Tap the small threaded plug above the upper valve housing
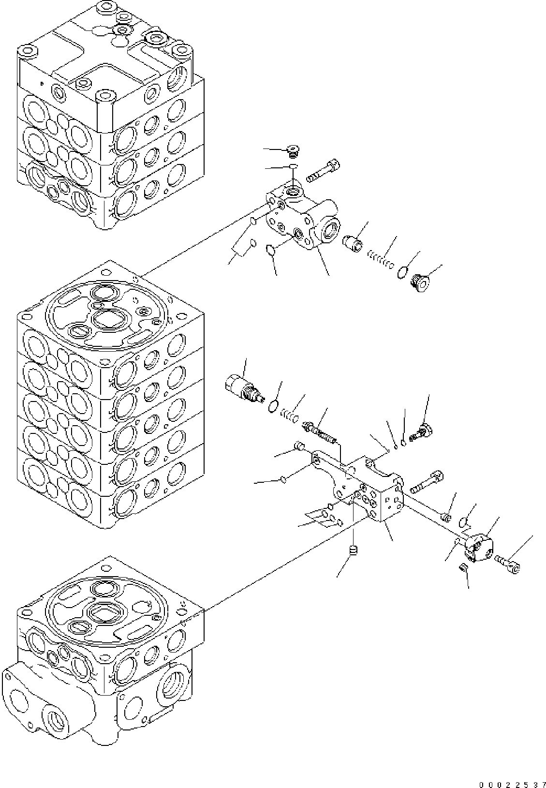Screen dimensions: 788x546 (292, 152)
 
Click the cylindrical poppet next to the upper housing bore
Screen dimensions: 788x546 (354, 241)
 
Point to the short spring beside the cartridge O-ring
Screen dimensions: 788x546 (290, 416)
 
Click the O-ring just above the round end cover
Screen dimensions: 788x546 (463, 521)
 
